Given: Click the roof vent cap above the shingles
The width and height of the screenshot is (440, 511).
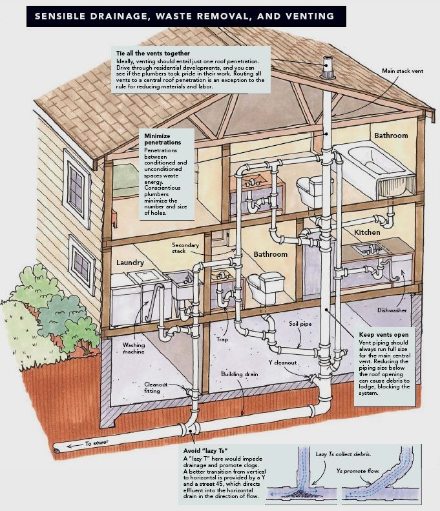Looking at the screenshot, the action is pyautogui.click(x=328, y=68).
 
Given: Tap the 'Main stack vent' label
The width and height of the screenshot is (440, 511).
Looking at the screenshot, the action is pyautogui.click(x=403, y=71).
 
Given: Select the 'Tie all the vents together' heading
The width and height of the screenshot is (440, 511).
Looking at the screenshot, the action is pyautogui.click(x=152, y=53).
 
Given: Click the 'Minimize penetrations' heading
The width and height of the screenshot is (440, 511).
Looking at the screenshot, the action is pyautogui.click(x=163, y=139).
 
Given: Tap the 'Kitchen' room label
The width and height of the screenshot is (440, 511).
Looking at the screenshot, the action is pyautogui.click(x=367, y=232).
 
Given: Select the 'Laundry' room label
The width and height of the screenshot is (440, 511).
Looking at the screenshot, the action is pyautogui.click(x=130, y=263).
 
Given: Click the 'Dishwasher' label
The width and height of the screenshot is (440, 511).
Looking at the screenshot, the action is pyautogui.click(x=392, y=310).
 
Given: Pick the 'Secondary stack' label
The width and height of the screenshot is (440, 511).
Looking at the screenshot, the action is pyautogui.click(x=185, y=248).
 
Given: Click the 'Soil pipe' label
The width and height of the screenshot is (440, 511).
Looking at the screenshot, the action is pyautogui.click(x=300, y=324).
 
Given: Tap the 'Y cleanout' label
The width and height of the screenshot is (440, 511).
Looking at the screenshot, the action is pyautogui.click(x=282, y=363).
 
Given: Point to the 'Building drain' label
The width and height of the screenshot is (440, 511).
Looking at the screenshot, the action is pyautogui.click(x=239, y=374).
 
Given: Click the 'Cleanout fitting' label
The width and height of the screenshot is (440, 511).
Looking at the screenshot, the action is pyautogui.click(x=155, y=388).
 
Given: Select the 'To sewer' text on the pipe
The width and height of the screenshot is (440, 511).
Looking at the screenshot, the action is pyautogui.click(x=97, y=443).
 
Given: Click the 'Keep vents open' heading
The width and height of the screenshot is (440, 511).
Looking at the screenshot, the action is pyautogui.click(x=384, y=335).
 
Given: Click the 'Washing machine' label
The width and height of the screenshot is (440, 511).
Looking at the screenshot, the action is pyautogui.click(x=134, y=348).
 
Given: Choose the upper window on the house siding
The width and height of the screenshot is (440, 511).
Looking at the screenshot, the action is pyautogui.click(x=77, y=188).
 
